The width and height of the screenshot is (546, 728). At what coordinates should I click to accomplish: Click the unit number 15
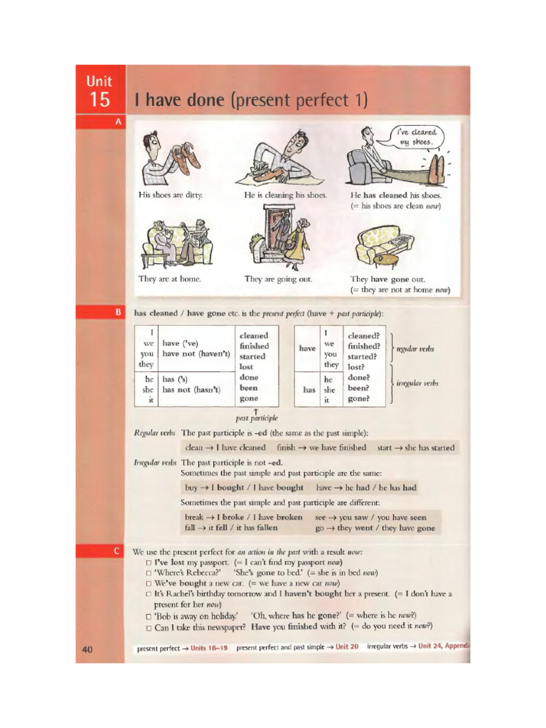[x=100, y=100]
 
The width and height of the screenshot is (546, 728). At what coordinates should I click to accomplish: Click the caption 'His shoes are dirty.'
[x=171, y=195]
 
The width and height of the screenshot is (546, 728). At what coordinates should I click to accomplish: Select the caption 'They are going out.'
[x=278, y=279]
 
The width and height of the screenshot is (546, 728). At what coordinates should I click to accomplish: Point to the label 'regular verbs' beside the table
[x=415, y=349]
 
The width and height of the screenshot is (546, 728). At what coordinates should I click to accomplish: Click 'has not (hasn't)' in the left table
[x=191, y=390]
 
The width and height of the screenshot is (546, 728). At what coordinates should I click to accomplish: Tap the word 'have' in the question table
[x=307, y=348]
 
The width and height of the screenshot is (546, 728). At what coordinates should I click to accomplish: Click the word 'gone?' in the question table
[x=358, y=399]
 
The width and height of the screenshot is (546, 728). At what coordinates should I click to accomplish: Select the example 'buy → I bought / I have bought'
[x=244, y=488]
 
